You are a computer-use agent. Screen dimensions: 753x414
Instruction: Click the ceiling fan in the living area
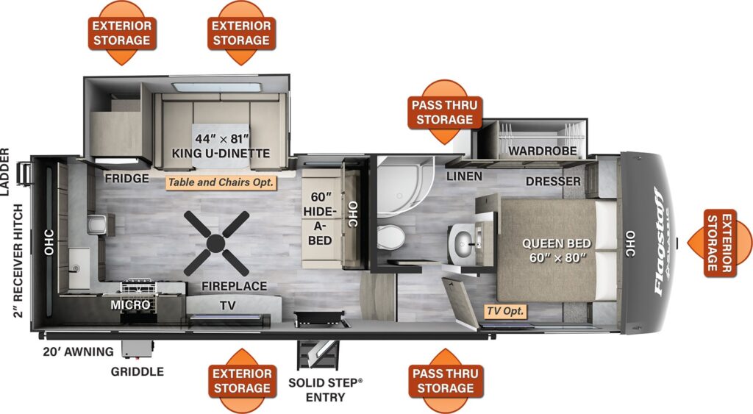point(217,243)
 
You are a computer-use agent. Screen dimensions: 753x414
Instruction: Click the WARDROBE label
point(542,151)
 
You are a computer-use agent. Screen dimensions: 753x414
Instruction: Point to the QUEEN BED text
point(556,243)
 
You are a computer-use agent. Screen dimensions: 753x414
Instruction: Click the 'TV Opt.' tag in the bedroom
point(505,311)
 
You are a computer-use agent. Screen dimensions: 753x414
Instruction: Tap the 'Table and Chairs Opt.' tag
point(221,182)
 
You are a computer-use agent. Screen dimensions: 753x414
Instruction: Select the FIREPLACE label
point(234,286)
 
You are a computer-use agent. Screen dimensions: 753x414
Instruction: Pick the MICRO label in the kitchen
point(130,305)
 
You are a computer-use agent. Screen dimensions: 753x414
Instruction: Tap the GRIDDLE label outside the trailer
point(138,372)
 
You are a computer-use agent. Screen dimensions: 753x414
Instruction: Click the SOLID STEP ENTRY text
point(326,390)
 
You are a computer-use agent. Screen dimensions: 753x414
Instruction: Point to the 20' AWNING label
point(78,352)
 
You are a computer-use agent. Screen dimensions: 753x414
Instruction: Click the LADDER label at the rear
point(5,172)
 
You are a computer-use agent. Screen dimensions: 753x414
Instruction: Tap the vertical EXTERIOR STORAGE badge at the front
point(719,243)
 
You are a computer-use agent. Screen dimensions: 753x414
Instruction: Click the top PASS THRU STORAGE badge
point(445,113)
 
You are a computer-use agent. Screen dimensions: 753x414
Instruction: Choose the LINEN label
point(464,176)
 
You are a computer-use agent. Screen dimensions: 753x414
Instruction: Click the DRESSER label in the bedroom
point(553,182)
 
